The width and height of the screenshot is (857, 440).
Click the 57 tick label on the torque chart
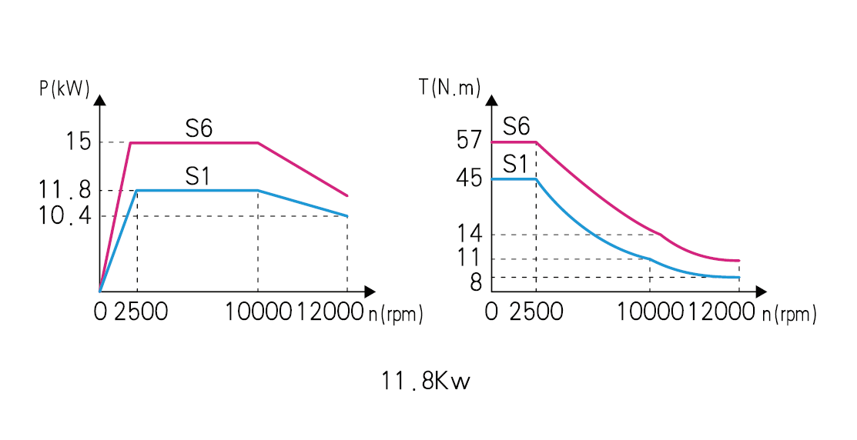[x=469, y=140]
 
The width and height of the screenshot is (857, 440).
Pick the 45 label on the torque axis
[x=469, y=178]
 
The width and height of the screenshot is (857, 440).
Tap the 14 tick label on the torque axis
[x=469, y=235]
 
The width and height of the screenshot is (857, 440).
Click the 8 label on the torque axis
[x=475, y=282]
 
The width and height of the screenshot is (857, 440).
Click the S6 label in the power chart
[x=198, y=128]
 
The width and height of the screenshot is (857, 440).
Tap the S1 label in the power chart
[x=198, y=177]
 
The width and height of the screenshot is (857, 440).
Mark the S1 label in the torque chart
[x=515, y=164]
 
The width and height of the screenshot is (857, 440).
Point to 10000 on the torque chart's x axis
[x=651, y=312]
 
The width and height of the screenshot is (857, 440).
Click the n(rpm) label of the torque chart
[x=789, y=315]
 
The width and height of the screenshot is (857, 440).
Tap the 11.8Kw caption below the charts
[x=426, y=381]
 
